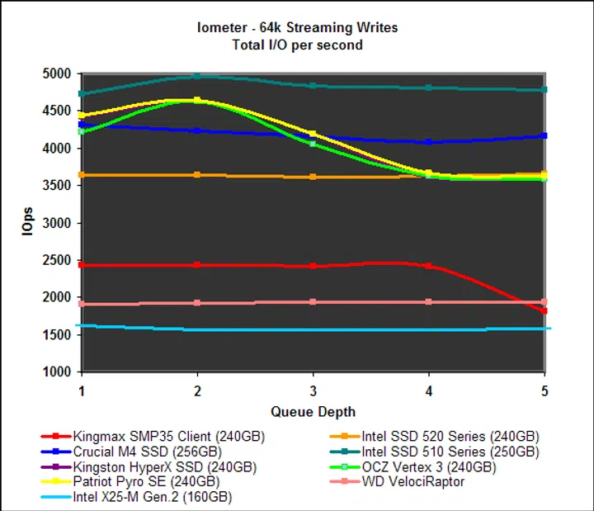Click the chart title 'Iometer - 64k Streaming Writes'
296,27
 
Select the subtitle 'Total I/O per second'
296,44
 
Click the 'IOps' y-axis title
28,223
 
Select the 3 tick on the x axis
312,389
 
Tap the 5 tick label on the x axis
544,389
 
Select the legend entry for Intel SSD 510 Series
450,452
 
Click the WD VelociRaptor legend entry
412,481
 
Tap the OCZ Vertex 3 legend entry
428,466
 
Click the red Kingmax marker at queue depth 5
544,310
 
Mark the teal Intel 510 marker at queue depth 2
196,76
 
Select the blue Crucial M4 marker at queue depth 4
428,142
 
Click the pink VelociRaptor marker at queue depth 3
312,302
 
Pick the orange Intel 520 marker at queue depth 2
196,175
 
